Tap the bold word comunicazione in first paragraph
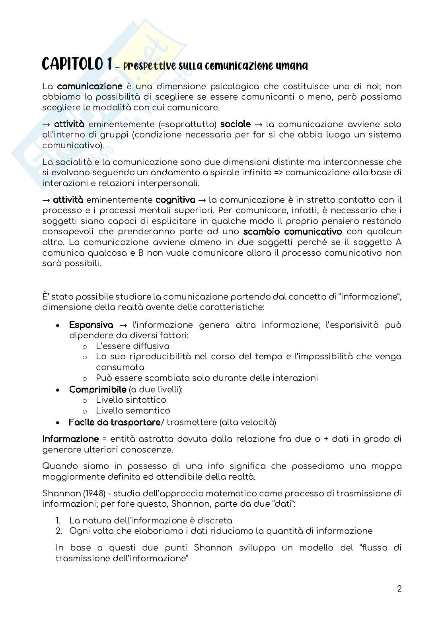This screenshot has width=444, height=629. pos(90,86)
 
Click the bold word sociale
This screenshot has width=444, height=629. pos(236,124)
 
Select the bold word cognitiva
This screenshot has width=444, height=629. pos(175,200)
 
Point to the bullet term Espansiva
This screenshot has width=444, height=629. pos(91,325)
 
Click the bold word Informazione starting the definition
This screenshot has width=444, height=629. pos(70,439)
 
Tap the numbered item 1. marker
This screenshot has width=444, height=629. pos(58,520)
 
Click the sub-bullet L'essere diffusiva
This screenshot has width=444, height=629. pos(132,346)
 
